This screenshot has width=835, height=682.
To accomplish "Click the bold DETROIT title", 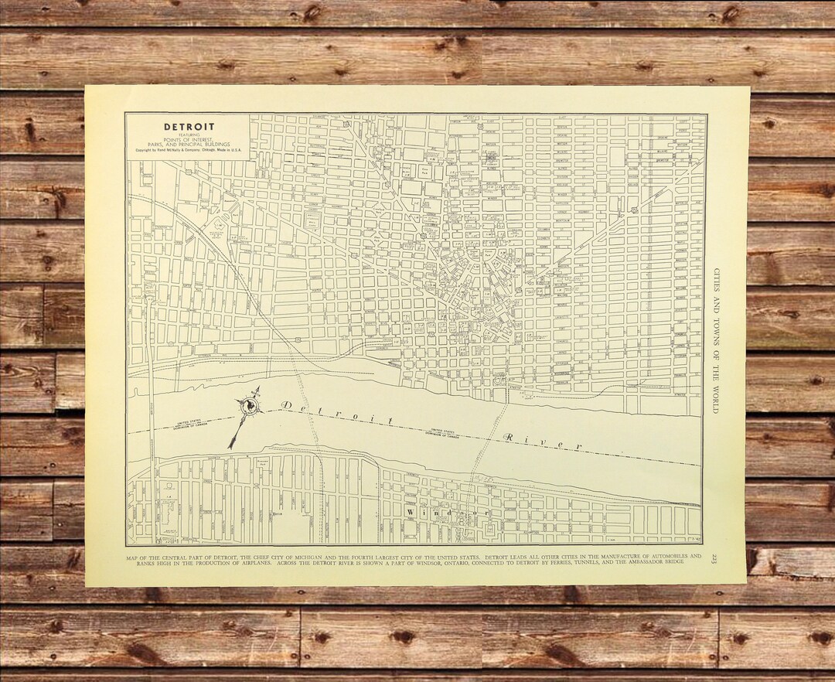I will click(189, 127).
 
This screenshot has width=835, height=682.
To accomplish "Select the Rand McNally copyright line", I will click(188, 150).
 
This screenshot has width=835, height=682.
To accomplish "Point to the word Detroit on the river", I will click(337, 413).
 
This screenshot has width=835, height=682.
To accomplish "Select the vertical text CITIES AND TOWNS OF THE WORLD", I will click(716, 340).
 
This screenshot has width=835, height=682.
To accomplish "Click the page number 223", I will click(714, 558).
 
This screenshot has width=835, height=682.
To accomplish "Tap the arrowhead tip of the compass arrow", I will click(230, 446).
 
